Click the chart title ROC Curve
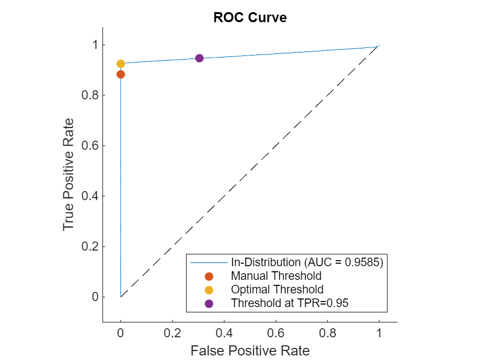click(x=250, y=18)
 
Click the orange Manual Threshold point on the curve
click(x=120, y=75)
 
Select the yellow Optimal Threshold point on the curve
click(x=120, y=64)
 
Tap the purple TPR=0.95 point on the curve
click(x=199, y=58)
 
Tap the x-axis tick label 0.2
click(x=172, y=333)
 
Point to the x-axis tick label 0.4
click(x=224, y=333)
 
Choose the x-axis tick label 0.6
click(x=276, y=333)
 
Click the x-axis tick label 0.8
click(x=327, y=333)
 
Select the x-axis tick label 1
click(x=379, y=333)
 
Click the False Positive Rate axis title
click(x=250, y=350)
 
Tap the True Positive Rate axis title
click(x=69, y=174)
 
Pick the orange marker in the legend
click(x=209, y=276)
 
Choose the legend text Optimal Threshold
click(x=277, y=289)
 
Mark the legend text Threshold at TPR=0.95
click(x=290, y=303)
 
